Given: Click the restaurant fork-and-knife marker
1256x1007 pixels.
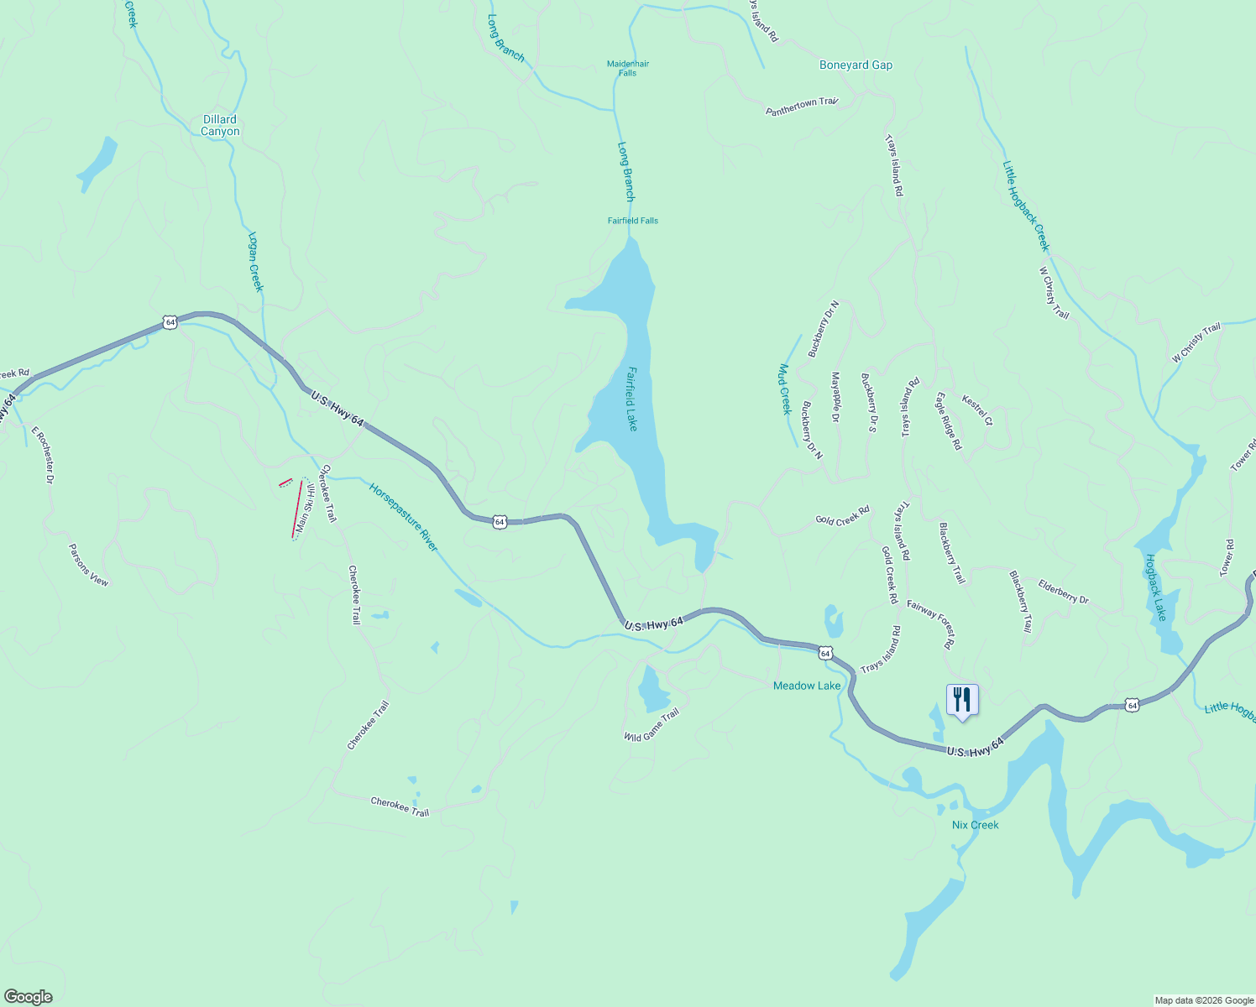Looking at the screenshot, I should (x=962, y=700).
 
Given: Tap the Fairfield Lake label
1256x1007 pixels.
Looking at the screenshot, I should (x=631, y=399).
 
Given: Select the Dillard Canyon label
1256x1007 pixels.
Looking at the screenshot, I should (x=220, y=125).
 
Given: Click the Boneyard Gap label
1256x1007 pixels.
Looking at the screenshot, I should (x=856, y=65).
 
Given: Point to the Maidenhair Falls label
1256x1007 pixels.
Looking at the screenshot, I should (x=628, y=68).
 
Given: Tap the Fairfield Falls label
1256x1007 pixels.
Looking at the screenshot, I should (x=633, y=221).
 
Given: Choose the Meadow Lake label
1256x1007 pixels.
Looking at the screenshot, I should (x=806, y=686).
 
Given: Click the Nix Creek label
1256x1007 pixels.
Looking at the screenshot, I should (x=975, y=825).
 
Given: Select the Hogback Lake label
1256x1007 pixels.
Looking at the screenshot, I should (x=1156, y=587).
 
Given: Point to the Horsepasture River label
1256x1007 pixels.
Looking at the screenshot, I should (x=404, y=517).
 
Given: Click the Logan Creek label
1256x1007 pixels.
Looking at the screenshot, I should (x=256, y=262).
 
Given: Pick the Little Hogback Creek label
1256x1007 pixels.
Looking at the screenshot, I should (x=1026, y=206).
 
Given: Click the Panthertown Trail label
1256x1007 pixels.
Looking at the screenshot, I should (x=802, y=107).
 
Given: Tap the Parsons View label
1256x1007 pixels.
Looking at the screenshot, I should (x=88, y=565).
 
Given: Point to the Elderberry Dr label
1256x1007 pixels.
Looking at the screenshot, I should (x=1063, y=592).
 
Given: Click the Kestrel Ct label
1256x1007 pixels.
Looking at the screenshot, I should (x=977, y=410).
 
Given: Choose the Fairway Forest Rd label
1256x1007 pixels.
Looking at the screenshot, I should (x=931, y=624).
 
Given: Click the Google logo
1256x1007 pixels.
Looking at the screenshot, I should (x=29, y=996).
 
